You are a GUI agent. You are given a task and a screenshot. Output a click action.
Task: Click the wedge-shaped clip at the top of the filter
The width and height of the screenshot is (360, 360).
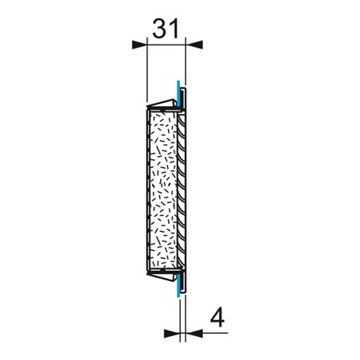[x=164, y=102]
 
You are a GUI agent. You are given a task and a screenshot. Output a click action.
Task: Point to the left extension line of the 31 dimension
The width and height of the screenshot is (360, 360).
[x=148, y=72]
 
